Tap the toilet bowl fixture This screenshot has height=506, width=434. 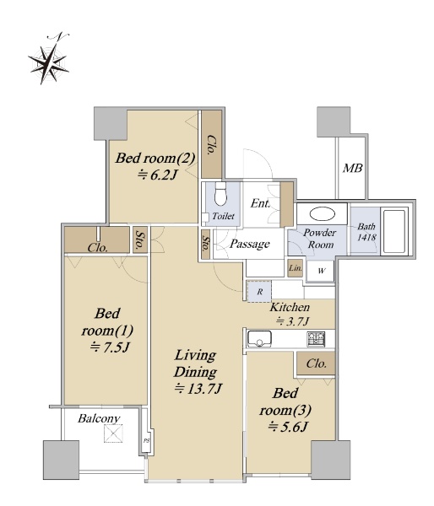(220, 194)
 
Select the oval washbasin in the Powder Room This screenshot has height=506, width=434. (323, 213)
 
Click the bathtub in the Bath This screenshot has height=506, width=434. (394, 231)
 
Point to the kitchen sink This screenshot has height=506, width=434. (259, 338)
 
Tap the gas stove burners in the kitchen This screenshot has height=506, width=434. (316, 339)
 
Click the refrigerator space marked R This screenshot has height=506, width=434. (259, 292)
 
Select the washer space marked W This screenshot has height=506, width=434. (321, 271)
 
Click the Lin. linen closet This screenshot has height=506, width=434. (296, 268)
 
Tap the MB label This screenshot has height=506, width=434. (352, 168)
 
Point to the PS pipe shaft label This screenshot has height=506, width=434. (147, 440)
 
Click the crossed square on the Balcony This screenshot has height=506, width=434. (113, 433)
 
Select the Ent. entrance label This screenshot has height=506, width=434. (260, 203)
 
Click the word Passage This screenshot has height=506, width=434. (249, 244)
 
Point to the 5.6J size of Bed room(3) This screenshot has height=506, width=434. (287, 428)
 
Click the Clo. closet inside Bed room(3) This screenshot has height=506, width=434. (316, 363)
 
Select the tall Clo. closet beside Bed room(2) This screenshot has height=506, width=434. (212, 144)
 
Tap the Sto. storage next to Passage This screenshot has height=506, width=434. (205, 245)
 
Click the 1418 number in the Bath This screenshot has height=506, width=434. (367, 237)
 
